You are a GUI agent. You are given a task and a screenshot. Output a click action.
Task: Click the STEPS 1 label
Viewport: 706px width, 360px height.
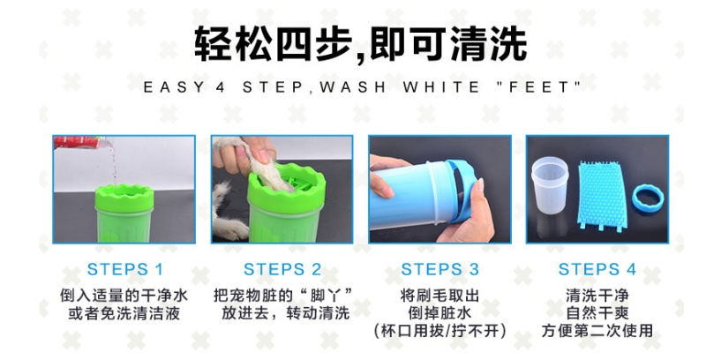point(124,269)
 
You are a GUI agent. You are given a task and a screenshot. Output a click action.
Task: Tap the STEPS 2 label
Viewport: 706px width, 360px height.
point(282,269)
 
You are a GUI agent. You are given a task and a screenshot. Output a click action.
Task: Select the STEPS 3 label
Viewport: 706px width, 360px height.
point(439,269)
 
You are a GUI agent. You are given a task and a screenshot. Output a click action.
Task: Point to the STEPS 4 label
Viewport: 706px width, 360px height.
point(597,269)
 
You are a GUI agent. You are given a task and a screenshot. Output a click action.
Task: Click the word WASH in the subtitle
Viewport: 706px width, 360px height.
point(352,86)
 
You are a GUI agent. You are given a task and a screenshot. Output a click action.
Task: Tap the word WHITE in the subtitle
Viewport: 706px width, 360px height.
point(441,86)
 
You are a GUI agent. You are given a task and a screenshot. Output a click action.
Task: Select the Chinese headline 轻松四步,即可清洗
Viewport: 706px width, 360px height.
point(361,43)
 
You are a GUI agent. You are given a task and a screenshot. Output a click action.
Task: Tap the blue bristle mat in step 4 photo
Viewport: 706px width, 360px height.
point(602,195)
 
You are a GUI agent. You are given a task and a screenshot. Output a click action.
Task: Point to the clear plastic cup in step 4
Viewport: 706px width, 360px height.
point(549,184)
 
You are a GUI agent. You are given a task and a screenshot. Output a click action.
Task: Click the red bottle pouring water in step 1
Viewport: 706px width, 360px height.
point(78,142)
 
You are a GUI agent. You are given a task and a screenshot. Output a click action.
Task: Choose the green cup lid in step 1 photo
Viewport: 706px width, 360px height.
point(124,198)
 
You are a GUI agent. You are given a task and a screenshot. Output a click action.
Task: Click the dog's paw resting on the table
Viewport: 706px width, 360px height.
point(230,229)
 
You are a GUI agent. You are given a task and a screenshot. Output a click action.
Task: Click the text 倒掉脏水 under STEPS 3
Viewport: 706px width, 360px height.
point(439,312)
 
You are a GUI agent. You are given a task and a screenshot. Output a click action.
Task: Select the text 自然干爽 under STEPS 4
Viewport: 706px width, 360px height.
point(597,312)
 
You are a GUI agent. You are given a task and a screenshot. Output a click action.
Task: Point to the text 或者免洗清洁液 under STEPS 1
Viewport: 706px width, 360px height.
point(124,312)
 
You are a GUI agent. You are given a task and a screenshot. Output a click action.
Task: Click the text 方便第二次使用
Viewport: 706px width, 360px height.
point(597,330)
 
